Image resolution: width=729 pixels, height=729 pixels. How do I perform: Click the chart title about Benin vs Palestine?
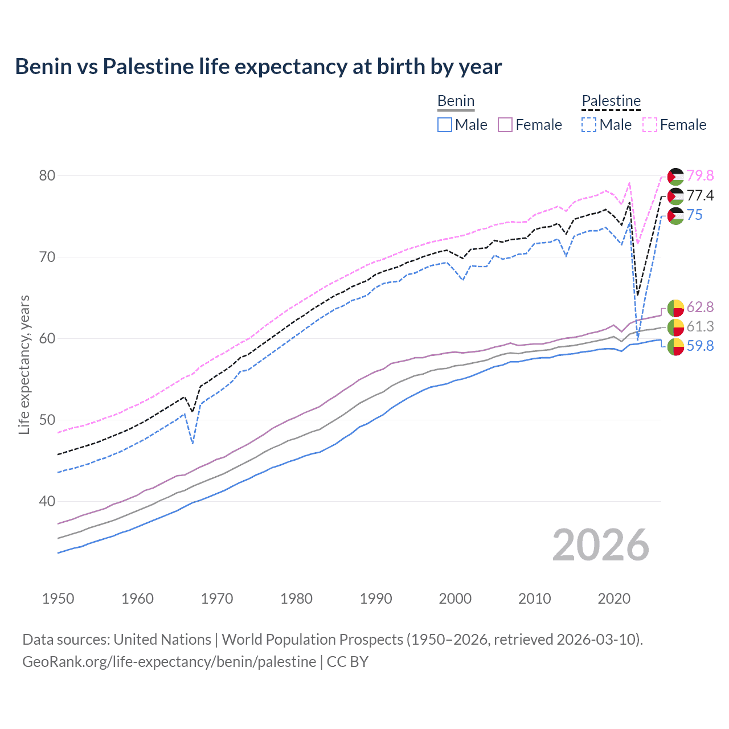click(258, 67)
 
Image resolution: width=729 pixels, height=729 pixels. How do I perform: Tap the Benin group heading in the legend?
click(456, 101)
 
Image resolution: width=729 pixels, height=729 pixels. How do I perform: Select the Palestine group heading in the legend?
click(611, 101)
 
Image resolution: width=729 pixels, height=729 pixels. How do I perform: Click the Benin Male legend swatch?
click(445, 125)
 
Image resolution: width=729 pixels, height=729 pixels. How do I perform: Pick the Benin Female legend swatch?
click(505, 125)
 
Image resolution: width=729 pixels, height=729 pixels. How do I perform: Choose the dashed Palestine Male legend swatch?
click(589, 125)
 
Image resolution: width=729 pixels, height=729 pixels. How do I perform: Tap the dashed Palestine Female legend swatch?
click(650, 125)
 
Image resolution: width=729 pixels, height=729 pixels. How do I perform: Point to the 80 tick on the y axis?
click(47, 175)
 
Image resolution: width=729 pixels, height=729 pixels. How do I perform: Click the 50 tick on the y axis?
click(47, 420)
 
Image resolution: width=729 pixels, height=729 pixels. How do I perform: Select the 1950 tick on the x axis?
click(58, 599)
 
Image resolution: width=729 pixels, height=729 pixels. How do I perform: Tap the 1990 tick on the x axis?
click(376, 599)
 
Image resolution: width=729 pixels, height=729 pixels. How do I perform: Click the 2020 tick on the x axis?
click(614, 599)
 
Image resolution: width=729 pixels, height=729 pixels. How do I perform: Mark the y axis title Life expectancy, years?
click(24, 364)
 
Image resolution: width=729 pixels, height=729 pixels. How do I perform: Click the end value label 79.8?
click(700, 175)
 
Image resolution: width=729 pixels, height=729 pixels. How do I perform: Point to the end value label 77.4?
click(700, 195)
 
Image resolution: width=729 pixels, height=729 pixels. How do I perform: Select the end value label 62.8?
click(700, 307)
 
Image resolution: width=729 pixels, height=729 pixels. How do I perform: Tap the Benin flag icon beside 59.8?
click(675, 346)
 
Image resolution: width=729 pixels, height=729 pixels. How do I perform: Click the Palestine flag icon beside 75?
click(675, 215)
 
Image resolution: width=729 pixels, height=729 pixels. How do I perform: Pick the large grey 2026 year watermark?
click(600, 545)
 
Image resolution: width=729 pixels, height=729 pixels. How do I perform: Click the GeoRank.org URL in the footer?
click(169, 662)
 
